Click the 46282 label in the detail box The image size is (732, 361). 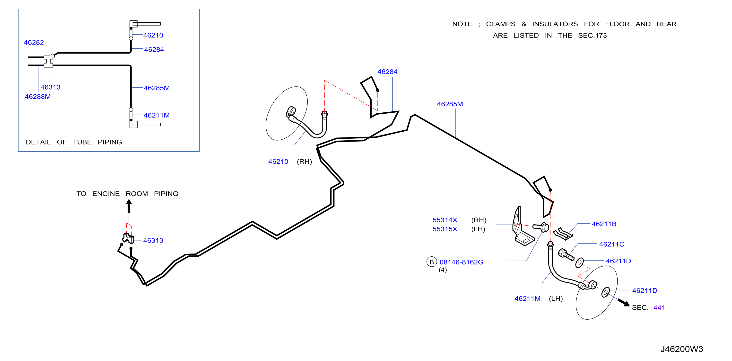(34, 42)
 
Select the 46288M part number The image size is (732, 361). (38, 97)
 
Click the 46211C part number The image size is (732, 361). (611, 244)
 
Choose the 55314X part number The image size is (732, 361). (445, 220)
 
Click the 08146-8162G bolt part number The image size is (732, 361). (461, 262)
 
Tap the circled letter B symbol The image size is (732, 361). (431, 262)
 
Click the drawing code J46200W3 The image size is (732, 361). (681, 349)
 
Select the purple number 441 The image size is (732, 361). (659, 308)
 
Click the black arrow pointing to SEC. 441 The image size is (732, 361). (624, 302)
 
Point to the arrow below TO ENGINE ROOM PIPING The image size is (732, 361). (129, 206)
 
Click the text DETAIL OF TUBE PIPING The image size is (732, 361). (74, 142)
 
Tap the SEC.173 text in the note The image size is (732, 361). (592, 36)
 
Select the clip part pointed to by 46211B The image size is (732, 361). (563, 234)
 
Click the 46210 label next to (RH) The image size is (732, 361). (278, 162)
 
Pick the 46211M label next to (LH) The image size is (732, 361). (527, 299)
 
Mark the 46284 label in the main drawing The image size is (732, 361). (387, 72)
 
